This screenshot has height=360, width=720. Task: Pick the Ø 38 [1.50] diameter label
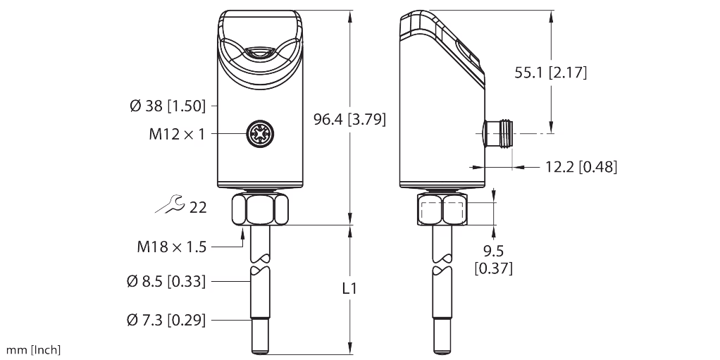coord(168,106)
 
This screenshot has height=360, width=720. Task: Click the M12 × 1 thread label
coord(176,133)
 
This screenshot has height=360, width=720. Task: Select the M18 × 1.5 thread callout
coord(171,247)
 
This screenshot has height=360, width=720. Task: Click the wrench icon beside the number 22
coord(170,206)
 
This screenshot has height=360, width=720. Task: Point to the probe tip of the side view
coord(442,337)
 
